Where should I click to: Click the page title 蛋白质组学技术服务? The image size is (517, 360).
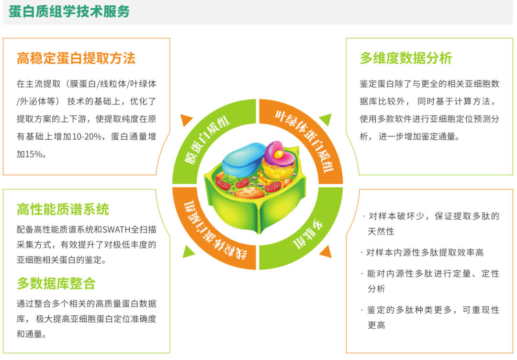tap(69, 11)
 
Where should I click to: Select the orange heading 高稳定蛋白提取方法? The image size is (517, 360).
tap(76, 58)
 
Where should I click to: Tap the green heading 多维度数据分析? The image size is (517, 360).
tap(405, 58)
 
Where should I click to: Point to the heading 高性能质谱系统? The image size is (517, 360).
tap(63, 209)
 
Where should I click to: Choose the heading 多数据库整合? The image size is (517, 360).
tap(56, 283)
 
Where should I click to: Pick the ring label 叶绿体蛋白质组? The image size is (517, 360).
tap(305, 142)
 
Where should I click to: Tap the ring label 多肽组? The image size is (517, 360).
tap(307, 234)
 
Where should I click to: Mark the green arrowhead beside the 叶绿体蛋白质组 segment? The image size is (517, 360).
tap(326, 119)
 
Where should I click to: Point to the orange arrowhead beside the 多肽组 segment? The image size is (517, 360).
tap(326, 252)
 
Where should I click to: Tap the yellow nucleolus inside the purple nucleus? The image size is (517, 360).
tap(279, 154)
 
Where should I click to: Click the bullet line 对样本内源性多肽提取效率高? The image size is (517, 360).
tap(425, 253)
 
